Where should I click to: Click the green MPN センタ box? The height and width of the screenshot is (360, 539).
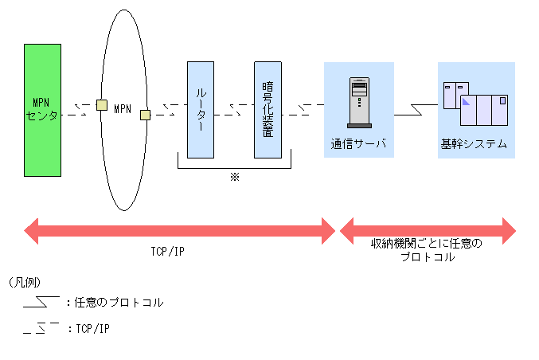(x=43, y=109)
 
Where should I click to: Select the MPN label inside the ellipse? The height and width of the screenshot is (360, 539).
(x=123, y=108)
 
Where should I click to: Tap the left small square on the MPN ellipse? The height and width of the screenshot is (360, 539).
(x=102, y=104)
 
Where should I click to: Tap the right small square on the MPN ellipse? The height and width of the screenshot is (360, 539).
(x=145, y=115)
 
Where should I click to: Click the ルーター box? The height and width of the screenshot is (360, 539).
(x=201, y=109)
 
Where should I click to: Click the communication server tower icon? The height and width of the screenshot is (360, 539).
(x=358, y=101)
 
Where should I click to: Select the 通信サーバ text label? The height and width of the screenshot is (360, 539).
(x=358, y=144)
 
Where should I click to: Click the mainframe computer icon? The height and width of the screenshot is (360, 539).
(x=475, y=104)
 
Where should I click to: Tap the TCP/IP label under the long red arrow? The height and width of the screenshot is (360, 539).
(x=169, y=252)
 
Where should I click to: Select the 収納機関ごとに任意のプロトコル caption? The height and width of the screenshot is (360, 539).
(x=428, y=250)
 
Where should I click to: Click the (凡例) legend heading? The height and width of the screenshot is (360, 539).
(x=25, y=283)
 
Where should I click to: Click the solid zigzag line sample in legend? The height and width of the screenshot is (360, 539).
(x=41, y=302)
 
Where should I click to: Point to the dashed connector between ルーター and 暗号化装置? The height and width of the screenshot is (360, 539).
(x=234, y=109)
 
